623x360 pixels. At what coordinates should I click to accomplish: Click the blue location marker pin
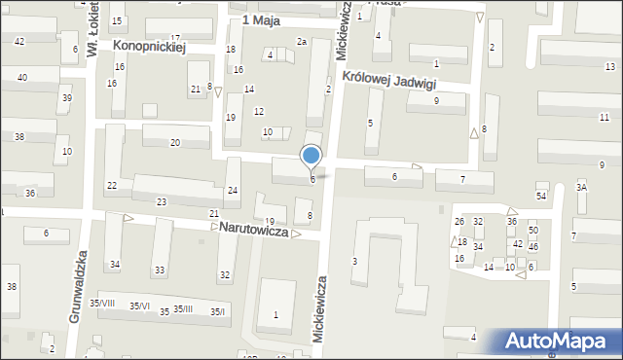click(x=311, y=156)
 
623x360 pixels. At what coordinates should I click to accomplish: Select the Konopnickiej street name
click(x=148, y=45)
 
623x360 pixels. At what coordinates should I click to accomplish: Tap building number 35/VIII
click(x=102, y=304)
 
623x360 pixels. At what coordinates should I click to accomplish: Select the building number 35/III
click(x=183, y=309)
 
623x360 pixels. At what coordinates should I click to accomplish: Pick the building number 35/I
click(x=217, y=311)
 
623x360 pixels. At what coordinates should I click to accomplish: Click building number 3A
click(x=581, y=187)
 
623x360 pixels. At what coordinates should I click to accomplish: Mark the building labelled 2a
click(x=302, y=42)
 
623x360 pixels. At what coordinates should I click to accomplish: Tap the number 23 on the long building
click(x=162, y=201)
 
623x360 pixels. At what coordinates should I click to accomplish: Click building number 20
click(x=175, y=143)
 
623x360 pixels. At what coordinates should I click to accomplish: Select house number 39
click(x=66, y=98)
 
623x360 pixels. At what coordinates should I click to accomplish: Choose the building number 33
click(x=160, y=270)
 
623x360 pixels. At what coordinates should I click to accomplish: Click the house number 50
click(x=532, y=230)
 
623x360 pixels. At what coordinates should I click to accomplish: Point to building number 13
click(x=609, y=66)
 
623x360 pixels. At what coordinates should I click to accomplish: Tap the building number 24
click(x=233, y=190)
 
